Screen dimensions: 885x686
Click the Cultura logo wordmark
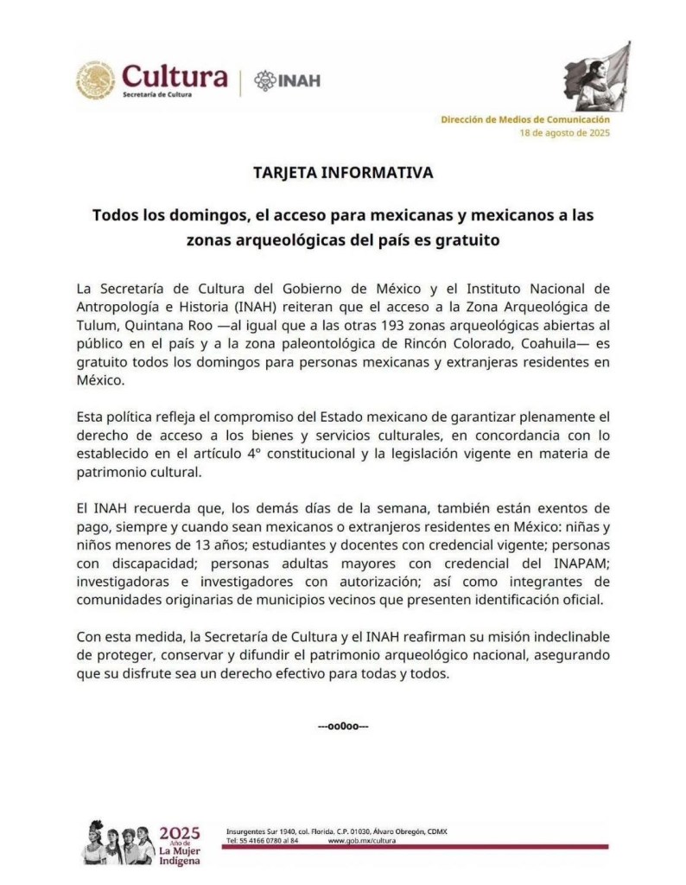tap(175, 79)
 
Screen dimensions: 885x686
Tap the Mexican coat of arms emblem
tap(95, 80)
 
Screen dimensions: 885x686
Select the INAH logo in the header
tap(287, 80)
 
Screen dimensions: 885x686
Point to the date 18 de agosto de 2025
tap(564, 133)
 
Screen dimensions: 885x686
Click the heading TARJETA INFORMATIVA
tap(343, 173)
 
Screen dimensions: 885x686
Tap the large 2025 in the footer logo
tap(180, 834)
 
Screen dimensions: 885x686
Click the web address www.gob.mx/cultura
tap(362, 840)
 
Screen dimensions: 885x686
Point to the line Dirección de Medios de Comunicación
tap(525, 119)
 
